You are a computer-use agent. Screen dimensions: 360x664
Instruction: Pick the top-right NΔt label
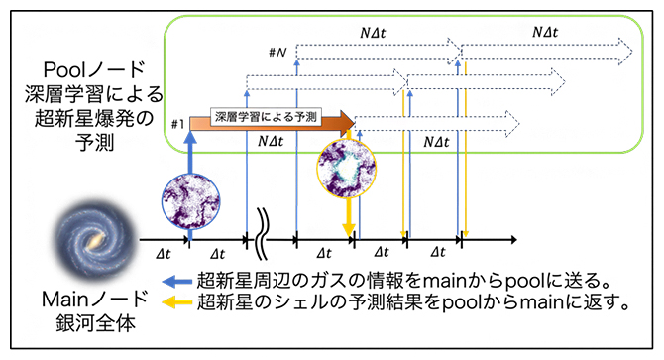tap(547, 31)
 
